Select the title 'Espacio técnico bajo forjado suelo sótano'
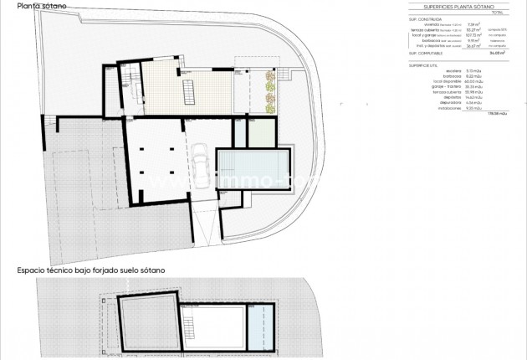pyautogui.click(x=90, y=270)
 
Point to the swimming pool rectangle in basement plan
pyautogui.click(x=253, y=170)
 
